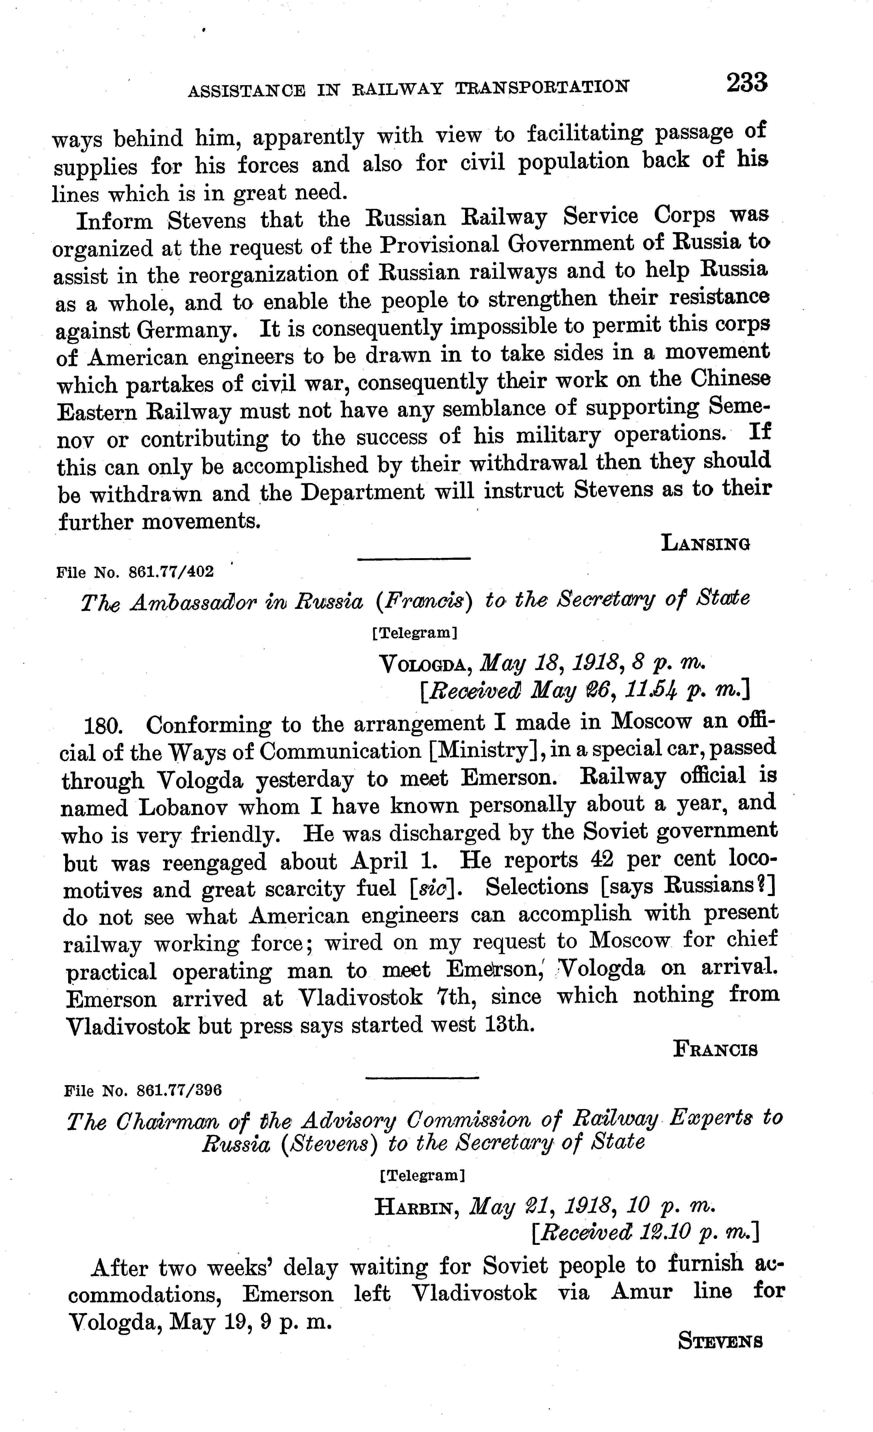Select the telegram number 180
(x=103, y=726)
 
